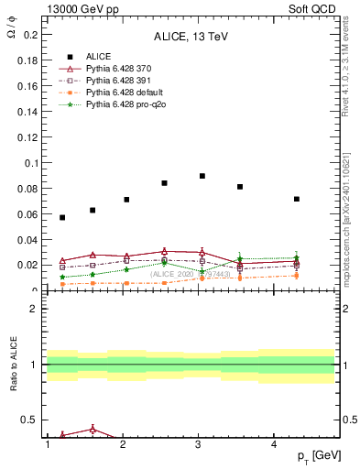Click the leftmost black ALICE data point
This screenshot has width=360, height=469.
[x=62, y=217]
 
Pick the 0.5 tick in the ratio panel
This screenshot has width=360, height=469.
[x=29, y=420]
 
